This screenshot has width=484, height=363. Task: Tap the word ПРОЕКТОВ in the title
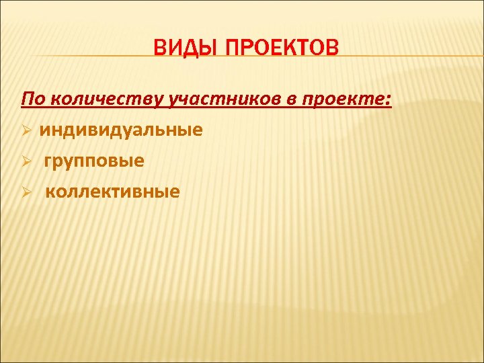282,49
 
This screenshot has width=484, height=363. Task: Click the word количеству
108,100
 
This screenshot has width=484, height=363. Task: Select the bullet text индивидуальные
120,130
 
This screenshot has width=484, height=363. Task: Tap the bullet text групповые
95,161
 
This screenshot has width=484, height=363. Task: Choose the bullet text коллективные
113,192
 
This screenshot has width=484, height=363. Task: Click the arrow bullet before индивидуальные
27,130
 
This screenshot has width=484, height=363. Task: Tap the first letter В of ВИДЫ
159,49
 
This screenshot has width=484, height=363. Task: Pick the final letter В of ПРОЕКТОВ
333,49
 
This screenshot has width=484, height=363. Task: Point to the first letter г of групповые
49,162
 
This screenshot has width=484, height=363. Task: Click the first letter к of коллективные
50,193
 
